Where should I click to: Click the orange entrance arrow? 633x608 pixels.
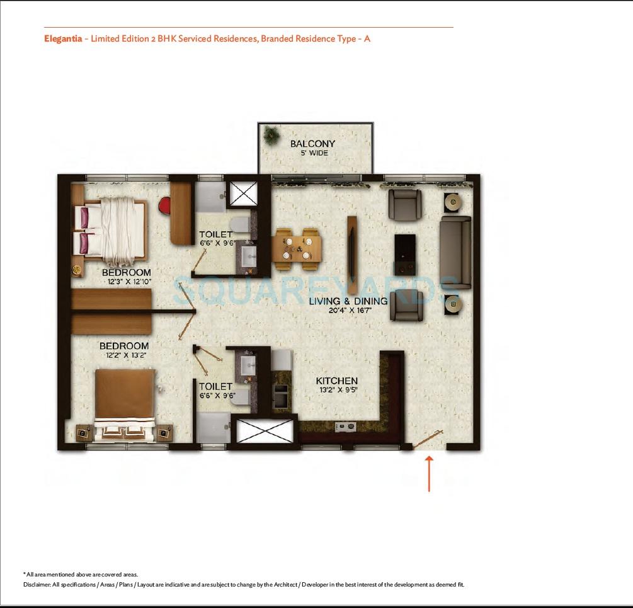point(430,473)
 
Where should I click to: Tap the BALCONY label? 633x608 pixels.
point(312,144)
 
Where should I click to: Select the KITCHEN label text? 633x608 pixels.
point(336,381)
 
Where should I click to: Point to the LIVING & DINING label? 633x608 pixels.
point(348,301)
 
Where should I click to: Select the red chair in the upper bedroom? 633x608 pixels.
point(165,205)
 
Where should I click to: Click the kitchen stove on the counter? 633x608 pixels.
point(345,427)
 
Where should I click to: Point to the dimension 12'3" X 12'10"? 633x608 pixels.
point(127,282)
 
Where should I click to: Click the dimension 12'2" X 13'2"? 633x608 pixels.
point(123,355)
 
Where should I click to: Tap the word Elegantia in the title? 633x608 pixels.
point(63,38)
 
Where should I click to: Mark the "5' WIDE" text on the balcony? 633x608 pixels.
point(313,153)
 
